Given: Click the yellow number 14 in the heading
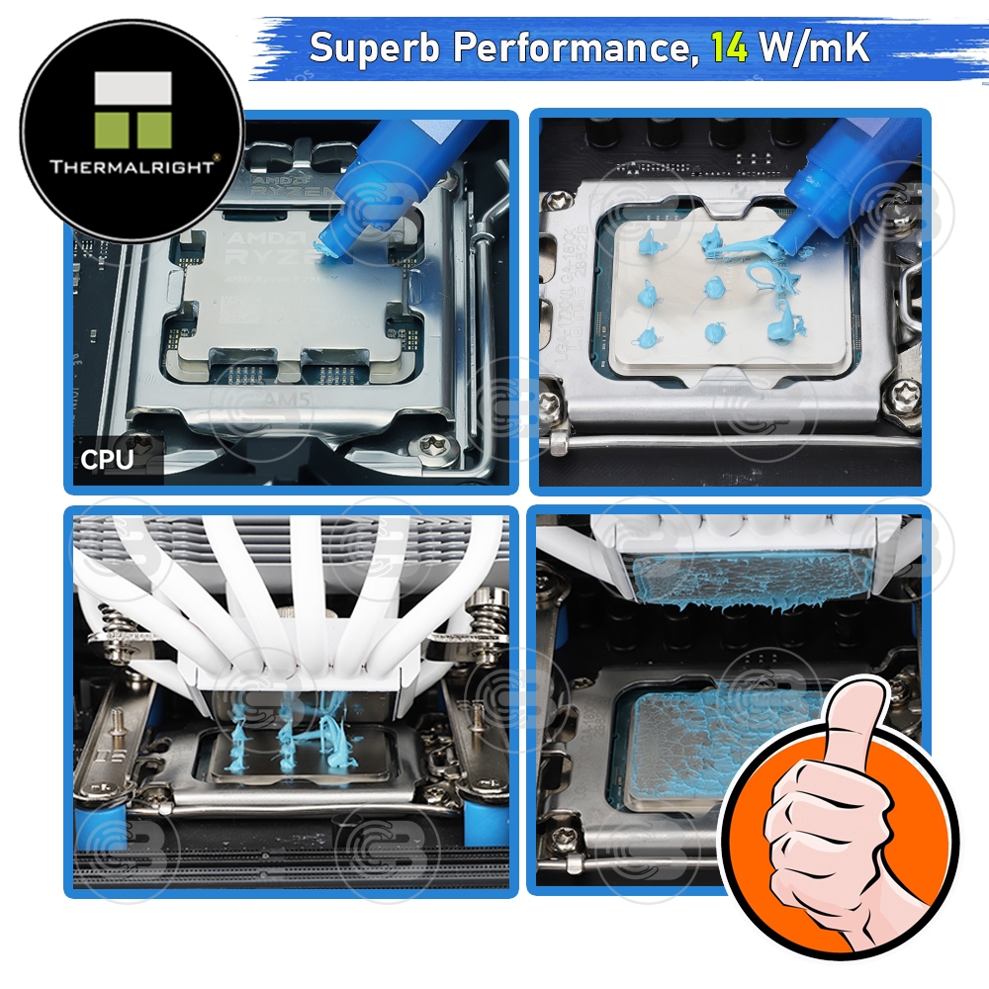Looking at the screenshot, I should pyautogui.click(x=730, y=48).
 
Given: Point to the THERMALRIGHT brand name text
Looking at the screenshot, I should pyautogui.click(x=132, y=167).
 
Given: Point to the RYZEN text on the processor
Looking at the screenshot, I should pyautogui.click(x=278, y=253).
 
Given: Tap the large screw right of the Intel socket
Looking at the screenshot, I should pyautogui.click(x=903, y=397).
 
